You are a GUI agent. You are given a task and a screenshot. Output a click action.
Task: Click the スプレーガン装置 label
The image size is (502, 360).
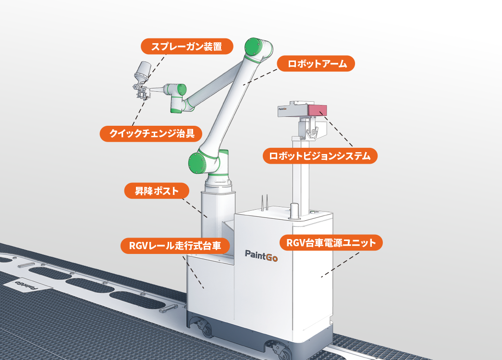coord(187,47)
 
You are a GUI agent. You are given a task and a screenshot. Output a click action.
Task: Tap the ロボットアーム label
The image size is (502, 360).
coord(316,63)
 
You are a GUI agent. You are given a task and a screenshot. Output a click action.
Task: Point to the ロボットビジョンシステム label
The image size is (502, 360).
coord(320,156)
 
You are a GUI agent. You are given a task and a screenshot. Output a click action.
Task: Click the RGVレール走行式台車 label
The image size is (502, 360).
coord(175,246)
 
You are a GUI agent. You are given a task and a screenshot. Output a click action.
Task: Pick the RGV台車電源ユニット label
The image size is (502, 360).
coord(331,243)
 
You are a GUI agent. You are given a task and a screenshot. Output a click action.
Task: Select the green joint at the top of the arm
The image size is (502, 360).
coord(258,48)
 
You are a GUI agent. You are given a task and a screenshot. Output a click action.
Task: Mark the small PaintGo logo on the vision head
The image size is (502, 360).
coord(283,109)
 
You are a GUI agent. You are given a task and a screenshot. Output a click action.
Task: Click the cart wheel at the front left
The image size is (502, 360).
coord(205,331)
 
